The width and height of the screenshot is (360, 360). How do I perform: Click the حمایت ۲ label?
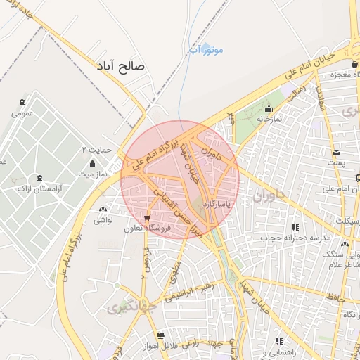pos(96,150)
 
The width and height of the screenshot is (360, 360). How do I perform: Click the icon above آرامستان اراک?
pos(38,179)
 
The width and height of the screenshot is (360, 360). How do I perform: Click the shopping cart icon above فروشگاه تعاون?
pos(146,217)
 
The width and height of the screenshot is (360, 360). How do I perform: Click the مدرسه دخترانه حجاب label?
pos(295,238)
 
